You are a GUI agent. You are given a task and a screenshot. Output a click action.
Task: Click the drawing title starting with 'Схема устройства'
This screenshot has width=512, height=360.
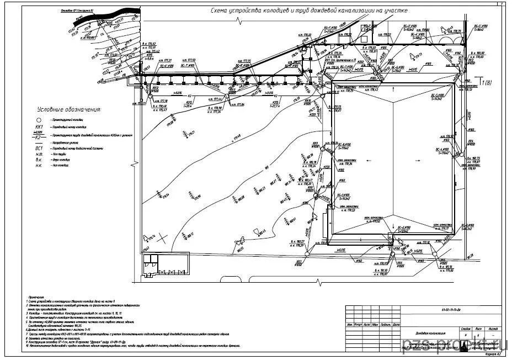pos(310,10)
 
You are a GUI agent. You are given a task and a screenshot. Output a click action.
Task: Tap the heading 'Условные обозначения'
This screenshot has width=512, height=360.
pos(68,110)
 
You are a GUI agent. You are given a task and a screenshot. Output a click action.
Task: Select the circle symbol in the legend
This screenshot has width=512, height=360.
pos(39,119)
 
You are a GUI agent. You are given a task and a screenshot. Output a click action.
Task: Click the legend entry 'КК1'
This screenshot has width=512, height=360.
pos(38,126)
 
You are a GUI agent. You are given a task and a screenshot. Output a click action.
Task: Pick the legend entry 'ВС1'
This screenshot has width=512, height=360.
pos(39,149)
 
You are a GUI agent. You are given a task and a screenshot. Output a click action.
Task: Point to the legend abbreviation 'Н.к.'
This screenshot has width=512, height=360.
pos(39,166)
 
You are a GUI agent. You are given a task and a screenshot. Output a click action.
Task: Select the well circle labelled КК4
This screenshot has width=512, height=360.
pos(467,145)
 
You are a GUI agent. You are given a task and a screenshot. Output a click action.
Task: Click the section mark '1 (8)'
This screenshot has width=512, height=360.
pos(486,83)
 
